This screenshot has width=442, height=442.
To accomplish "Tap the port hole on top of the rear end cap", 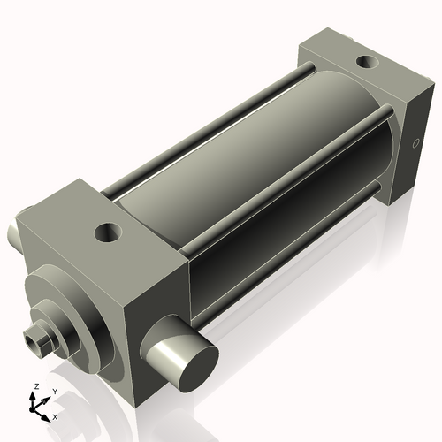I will click(x=365, y=63).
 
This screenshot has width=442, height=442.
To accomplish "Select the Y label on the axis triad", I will click(x=54, y=391).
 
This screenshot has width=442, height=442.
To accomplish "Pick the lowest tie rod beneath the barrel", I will click(x=292, y=234).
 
